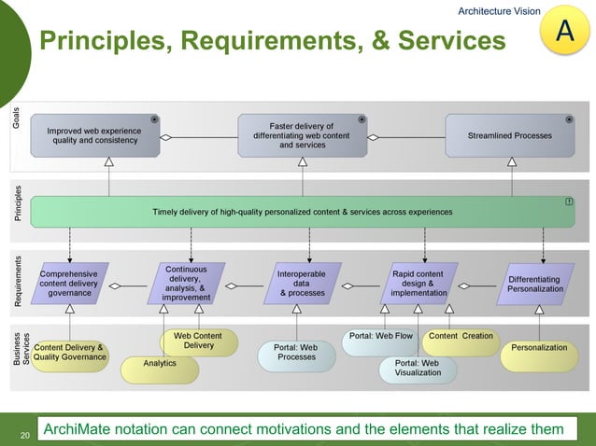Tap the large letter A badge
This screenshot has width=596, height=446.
click(564, 33)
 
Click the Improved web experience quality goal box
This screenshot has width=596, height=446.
click(94, 135)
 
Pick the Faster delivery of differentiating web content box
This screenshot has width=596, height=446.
click(302, 135)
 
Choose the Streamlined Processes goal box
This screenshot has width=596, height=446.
click(509, 135)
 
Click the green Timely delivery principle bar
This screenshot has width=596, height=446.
click(302, 212)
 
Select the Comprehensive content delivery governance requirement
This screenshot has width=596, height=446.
click(69, 284)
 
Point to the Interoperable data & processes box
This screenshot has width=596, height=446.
click(301, 284)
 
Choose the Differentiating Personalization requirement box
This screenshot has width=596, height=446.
click(534, 284)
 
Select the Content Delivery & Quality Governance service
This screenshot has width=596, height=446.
click(69, 353)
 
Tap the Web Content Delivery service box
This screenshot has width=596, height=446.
click(198, 341)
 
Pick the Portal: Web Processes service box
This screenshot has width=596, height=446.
click(296, 353)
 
